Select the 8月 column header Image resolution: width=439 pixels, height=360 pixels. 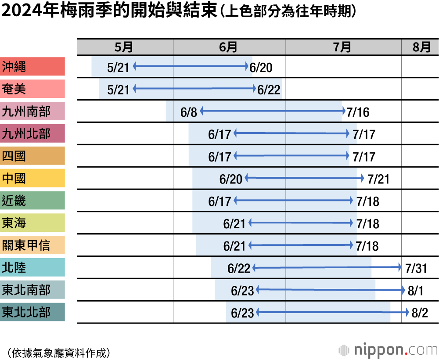coord(422,47)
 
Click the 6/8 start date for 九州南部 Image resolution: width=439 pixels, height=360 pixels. coord(189,112)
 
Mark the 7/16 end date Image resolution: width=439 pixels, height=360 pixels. coord(358,112)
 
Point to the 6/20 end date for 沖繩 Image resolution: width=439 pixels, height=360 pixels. coord(261,67)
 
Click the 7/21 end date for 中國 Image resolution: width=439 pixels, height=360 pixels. coord(378,179)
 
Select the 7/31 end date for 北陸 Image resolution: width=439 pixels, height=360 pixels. coord(416,268)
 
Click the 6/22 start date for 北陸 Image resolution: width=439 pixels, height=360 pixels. coord(238,268)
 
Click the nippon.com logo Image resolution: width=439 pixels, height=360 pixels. coord(389,350)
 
